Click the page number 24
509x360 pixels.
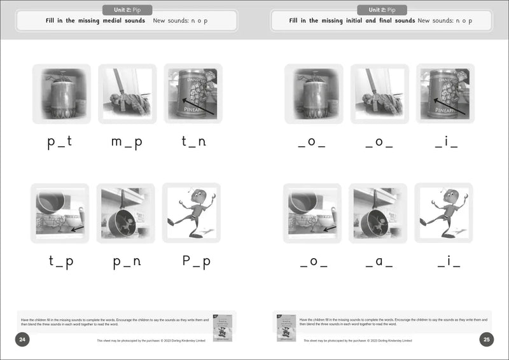(22, 340)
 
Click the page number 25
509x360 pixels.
(487, 340)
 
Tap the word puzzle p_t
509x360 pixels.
(60, 142)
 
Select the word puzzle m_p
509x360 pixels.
(126, 142)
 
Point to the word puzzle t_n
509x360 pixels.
(193, 142)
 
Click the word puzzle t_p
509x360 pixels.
(60, 261)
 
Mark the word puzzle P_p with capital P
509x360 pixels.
(193, 261)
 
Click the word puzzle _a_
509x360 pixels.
(379, 262)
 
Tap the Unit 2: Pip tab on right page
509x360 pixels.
(382, 10)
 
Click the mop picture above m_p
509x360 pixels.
(127, 93)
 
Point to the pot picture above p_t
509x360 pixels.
(61, 93)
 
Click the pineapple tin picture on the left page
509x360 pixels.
(193, 93)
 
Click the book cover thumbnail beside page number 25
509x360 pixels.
(286, 327)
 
